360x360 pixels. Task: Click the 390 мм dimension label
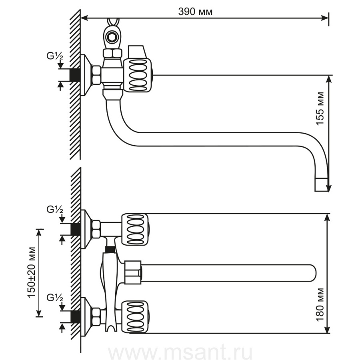pos(195,12)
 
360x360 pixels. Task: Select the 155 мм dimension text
pos(320,108)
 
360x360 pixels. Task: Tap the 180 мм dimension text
pos(320,305)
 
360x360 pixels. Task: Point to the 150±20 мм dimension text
pos(32,272)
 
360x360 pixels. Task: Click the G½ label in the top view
pos(55,56)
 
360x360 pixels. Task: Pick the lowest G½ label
pos(55,298)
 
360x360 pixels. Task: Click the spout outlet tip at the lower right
pos(322,184)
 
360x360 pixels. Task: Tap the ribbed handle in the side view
pos(138,75)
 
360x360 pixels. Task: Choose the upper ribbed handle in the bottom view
pos(136,230)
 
